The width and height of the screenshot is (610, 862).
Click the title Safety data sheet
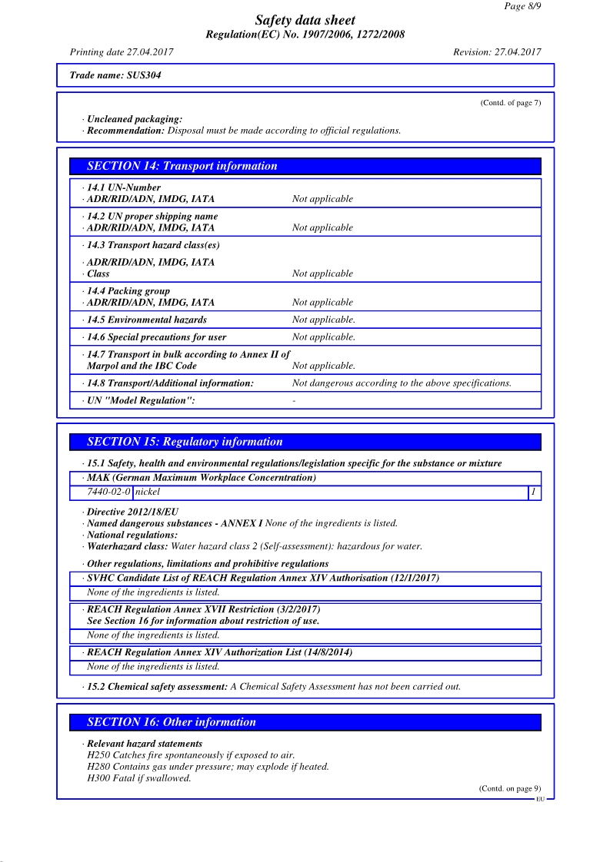[305, 21]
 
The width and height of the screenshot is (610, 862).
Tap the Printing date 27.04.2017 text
[122, 52]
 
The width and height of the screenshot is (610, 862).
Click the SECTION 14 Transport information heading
[182, 166]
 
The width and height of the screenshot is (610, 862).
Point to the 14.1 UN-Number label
[124, 187]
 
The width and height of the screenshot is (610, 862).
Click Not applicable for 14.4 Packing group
[322, 303]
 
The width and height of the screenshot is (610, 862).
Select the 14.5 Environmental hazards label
[146, 320]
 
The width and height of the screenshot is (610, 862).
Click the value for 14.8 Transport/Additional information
[402, 383]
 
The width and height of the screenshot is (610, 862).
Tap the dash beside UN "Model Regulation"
[295, 400]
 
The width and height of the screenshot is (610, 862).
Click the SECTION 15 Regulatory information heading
[185, 442]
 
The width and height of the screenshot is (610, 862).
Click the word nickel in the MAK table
[148, 492]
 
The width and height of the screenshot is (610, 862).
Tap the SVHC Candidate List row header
[262, 578]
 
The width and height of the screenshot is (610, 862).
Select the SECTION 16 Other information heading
[171, 722]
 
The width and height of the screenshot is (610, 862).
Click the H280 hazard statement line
[208, 767]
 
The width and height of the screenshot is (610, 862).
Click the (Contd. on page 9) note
[510, 788]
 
